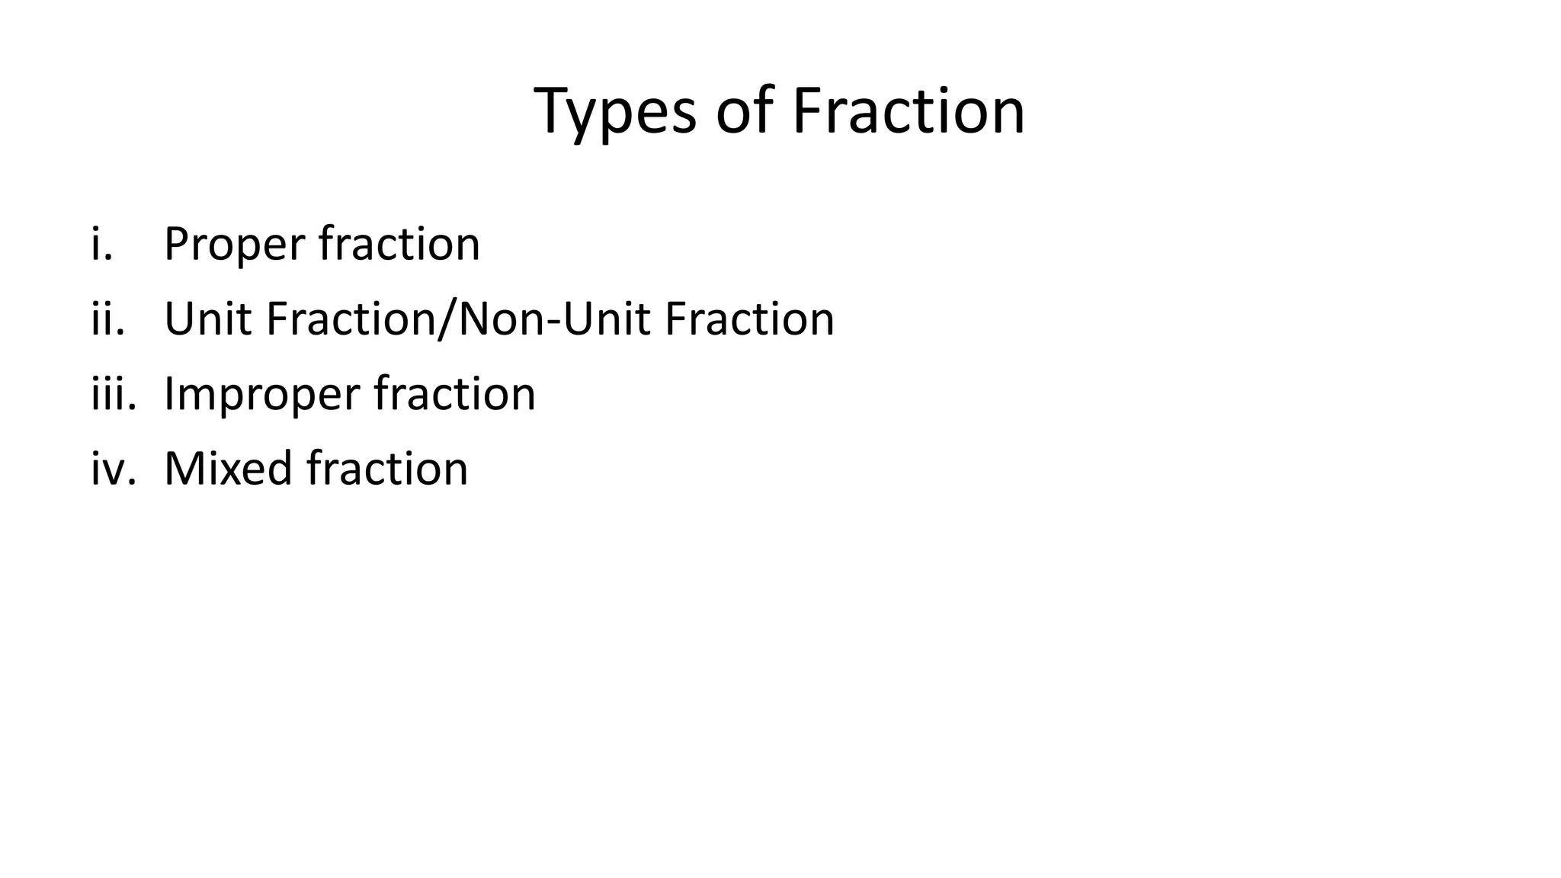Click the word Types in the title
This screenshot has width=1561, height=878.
615,112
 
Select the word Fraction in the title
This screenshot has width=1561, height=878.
908,112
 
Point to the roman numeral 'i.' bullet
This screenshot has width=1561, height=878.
101,244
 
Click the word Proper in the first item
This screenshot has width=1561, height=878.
235,245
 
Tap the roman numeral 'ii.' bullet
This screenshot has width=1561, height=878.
107,319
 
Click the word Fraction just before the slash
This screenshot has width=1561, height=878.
351,319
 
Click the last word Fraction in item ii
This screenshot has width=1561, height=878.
749,319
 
